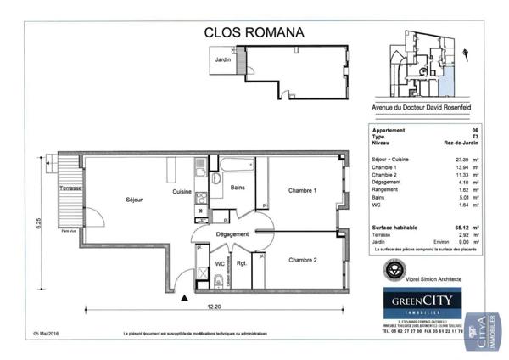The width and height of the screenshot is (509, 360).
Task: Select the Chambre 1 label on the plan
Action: tap(302, 190)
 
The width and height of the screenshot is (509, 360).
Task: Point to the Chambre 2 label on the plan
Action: tap(302, 259)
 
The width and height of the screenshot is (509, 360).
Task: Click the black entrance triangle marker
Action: tap(183, 297)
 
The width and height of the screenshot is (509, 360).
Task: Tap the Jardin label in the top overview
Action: tap(222, 60)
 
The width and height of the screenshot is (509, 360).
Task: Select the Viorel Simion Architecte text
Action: tap(429, 278)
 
